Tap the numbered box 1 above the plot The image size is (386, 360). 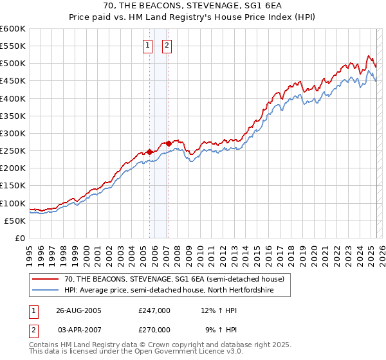click(x=148, y=45)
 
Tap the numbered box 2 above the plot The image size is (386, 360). click(x=167, y=45)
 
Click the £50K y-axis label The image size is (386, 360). click(x=15, y=221)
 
